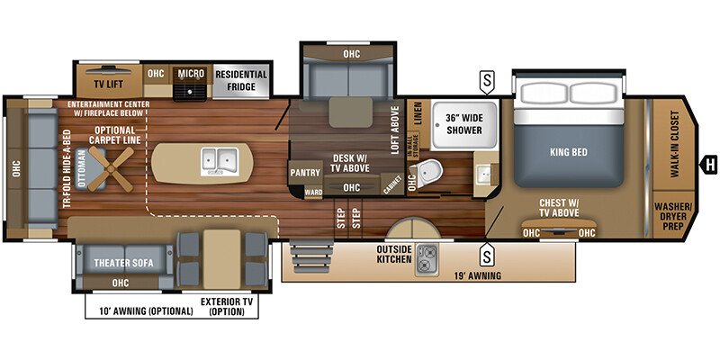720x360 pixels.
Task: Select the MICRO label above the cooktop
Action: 189,73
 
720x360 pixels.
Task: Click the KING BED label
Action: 568,152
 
